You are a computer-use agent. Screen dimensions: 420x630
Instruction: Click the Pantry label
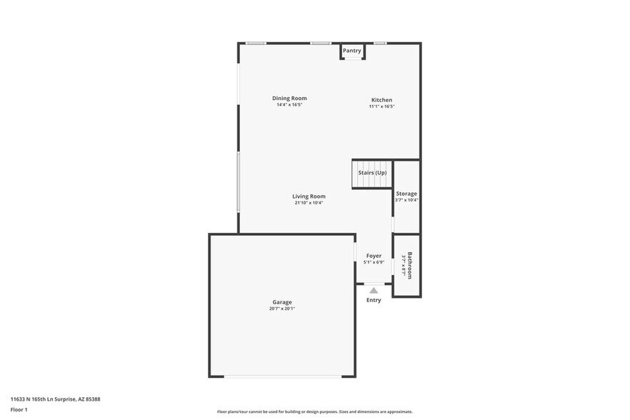(351, 51)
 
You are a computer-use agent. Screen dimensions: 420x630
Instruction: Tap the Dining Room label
(289, 98)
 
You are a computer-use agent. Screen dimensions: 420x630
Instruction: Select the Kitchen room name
(381, 100)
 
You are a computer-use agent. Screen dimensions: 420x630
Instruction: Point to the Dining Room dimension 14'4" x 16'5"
(289, 105)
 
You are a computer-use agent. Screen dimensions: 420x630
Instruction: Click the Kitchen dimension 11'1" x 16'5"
(381, 106)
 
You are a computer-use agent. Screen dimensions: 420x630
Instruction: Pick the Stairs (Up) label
(372, 173)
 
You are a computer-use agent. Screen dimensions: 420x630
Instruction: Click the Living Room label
(309, 196)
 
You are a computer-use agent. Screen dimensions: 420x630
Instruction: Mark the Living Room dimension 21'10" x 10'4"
(309, 203)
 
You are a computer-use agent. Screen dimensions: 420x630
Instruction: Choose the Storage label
(406, 194)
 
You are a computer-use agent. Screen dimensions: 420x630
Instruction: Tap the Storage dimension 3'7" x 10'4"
(406, 200)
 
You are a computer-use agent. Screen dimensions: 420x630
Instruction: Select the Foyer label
(374, 256)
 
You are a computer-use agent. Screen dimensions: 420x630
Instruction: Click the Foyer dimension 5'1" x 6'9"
(374, 262)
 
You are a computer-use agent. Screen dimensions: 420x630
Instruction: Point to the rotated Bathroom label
(410, 265)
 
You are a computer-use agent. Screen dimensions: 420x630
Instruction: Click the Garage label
(281, 302)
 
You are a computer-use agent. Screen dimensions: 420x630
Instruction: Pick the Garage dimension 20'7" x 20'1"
(281, 309)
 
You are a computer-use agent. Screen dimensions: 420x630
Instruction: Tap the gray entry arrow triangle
(374, 290)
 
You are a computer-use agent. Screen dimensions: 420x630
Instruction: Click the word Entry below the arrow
(374, 300)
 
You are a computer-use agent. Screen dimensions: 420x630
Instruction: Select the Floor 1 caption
(19, 410)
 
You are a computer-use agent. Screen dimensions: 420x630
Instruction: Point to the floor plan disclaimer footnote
(315, 411)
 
